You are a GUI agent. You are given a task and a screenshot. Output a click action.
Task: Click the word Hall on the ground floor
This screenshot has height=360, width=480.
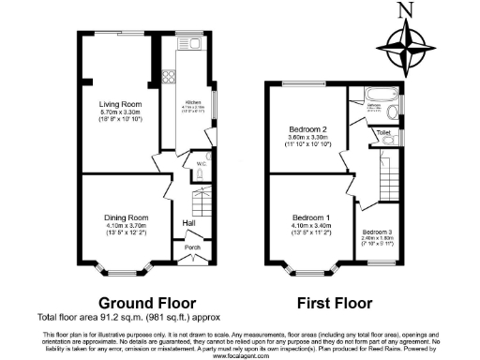point(188,223)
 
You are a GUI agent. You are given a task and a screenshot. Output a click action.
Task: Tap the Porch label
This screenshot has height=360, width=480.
point(192,247)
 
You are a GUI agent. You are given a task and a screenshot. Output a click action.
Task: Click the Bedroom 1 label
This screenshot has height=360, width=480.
point(306,216)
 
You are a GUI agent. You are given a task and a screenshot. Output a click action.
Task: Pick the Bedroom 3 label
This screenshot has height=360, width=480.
point(377,231)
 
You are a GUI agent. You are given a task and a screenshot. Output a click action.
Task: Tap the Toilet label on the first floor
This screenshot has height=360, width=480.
point(382,133)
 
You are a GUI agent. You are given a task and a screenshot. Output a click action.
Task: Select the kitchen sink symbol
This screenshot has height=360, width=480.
point(193,44)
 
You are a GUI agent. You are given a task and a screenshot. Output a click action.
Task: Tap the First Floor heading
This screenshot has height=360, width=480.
point(335,303)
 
